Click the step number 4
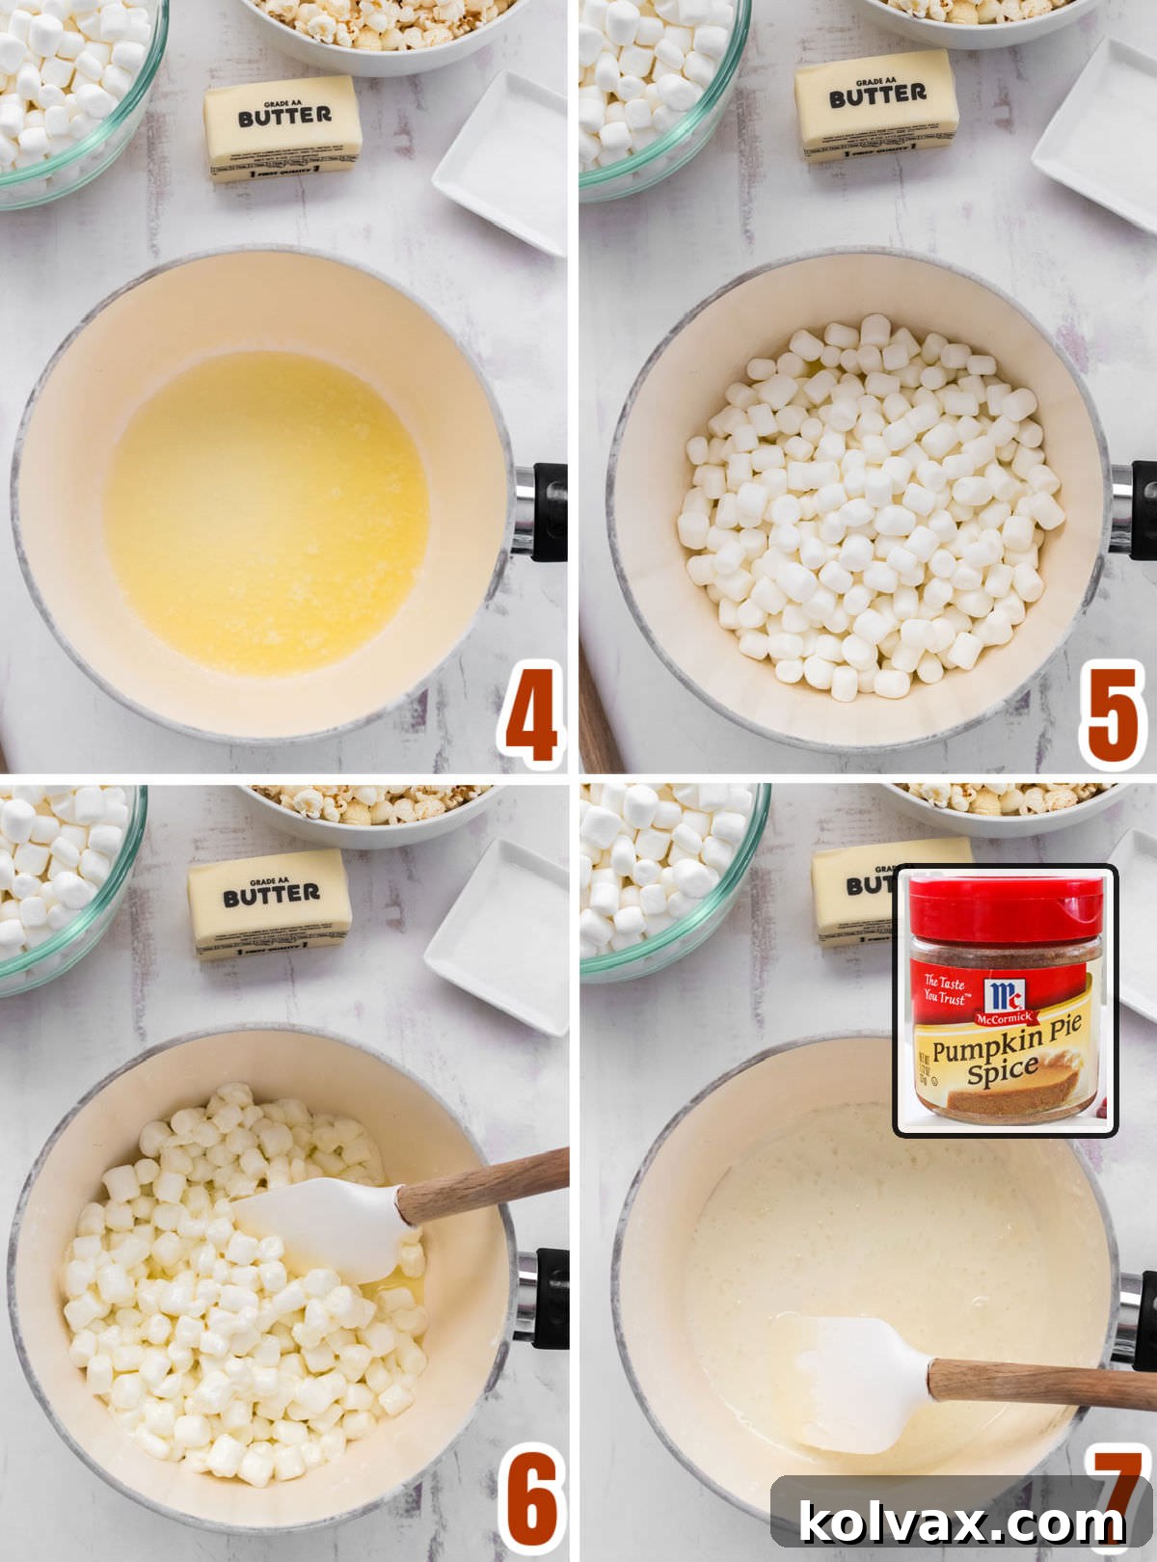tap(530, 714)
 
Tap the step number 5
tap(1113, 714)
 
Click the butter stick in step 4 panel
tap(283, 129)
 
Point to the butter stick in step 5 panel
tap(875, 104)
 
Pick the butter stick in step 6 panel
tap(270, 903)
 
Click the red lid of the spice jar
tap(1005, 907)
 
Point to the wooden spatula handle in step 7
tap(1041, 1381)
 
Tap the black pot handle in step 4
tap(548, 511)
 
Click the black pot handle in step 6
tap(550, 1297)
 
